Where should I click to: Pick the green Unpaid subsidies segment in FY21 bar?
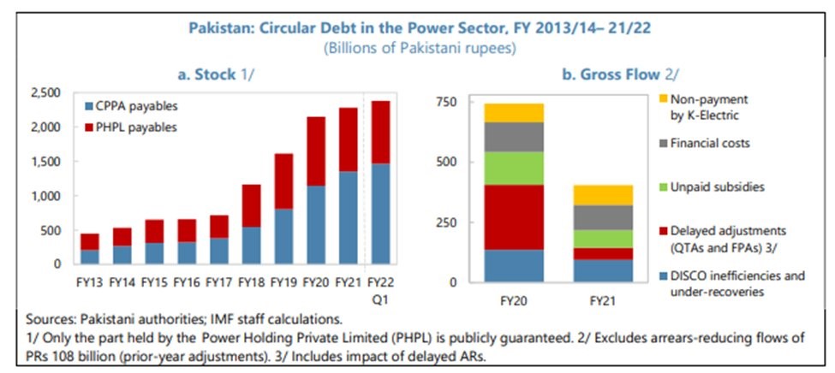point(602,239)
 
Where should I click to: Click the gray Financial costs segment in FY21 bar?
point(602,217)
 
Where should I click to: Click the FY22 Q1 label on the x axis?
point(378,287)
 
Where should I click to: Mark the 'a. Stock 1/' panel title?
point(217,74)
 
